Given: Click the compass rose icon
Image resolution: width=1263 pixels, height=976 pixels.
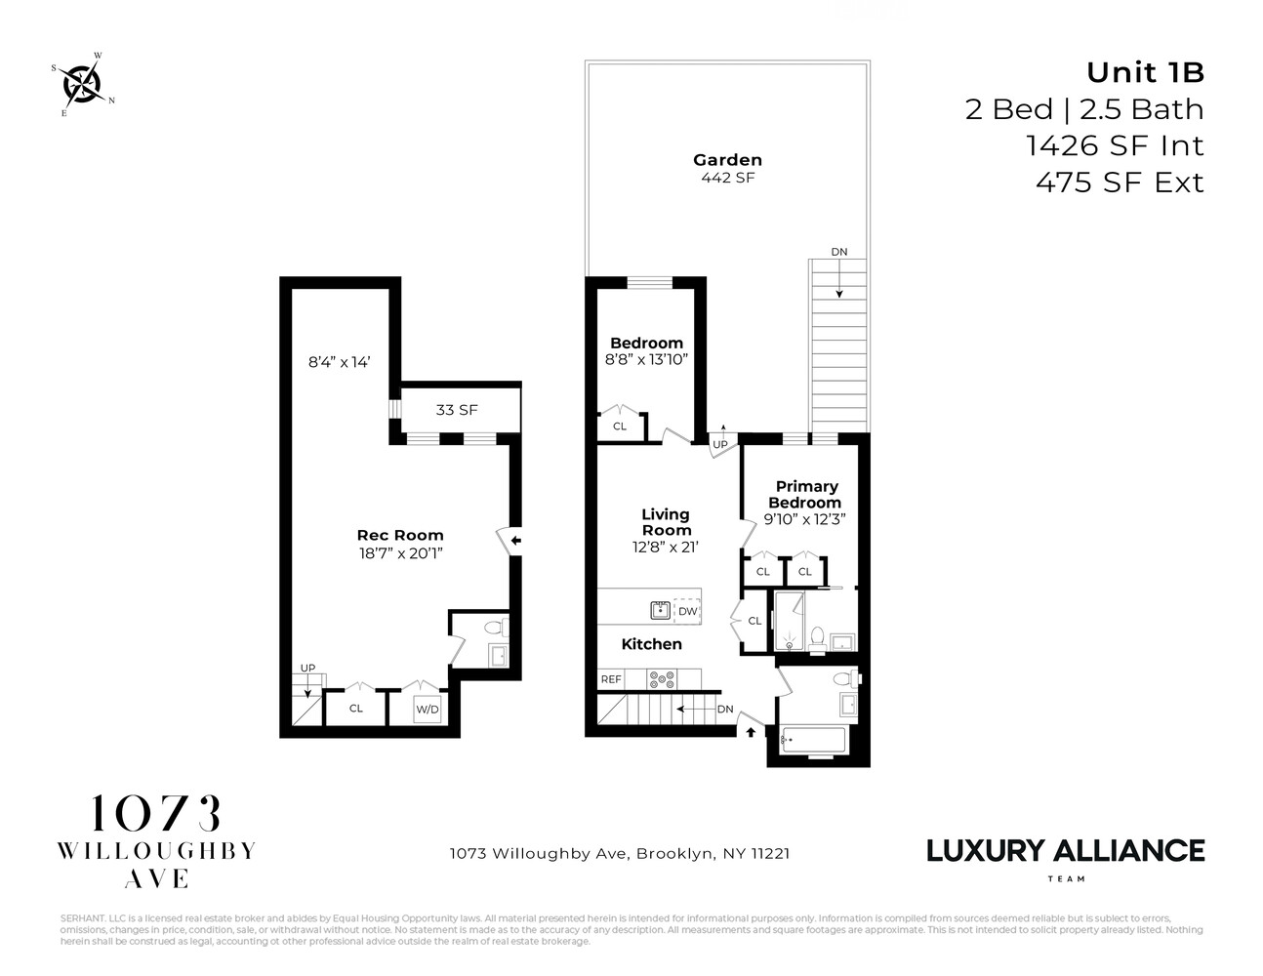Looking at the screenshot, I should [x=83, y=84].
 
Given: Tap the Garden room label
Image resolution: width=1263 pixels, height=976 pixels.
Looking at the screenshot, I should [x=727, y=160].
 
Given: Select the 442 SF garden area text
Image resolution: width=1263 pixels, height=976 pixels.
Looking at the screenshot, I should [x=727, y=178].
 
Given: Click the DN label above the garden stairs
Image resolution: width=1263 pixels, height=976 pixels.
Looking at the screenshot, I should [x=838, y=252].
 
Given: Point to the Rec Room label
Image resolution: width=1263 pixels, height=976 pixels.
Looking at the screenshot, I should [x=400, y=535].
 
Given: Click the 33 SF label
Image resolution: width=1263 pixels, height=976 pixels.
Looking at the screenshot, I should [x=456, y=410].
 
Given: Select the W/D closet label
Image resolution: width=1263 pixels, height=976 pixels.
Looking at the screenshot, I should [x=427, y=710].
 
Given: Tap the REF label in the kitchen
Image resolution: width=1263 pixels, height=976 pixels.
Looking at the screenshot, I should [x=611, y=679].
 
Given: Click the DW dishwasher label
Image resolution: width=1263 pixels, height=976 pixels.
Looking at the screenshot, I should [x=687, y=611].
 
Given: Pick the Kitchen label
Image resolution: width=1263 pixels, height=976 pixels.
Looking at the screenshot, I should [x=651, y=644].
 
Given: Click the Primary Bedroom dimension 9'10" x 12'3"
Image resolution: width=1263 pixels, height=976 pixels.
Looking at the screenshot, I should [x=806, y=519].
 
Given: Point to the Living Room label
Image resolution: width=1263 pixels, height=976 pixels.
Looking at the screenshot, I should [x=666, y=522].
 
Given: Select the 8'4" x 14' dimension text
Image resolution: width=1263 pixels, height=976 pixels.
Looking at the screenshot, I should [x=339, y=362].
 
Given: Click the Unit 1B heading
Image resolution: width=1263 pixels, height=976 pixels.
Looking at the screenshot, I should [x=1145, y=73].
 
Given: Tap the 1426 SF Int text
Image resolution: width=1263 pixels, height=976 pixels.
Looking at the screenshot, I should [x=1115, y=146].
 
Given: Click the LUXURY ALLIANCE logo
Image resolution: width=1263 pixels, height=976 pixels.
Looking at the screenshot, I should [x=1065, y=851].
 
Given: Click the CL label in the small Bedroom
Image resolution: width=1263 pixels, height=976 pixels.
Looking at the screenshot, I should [x=620, y=427].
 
